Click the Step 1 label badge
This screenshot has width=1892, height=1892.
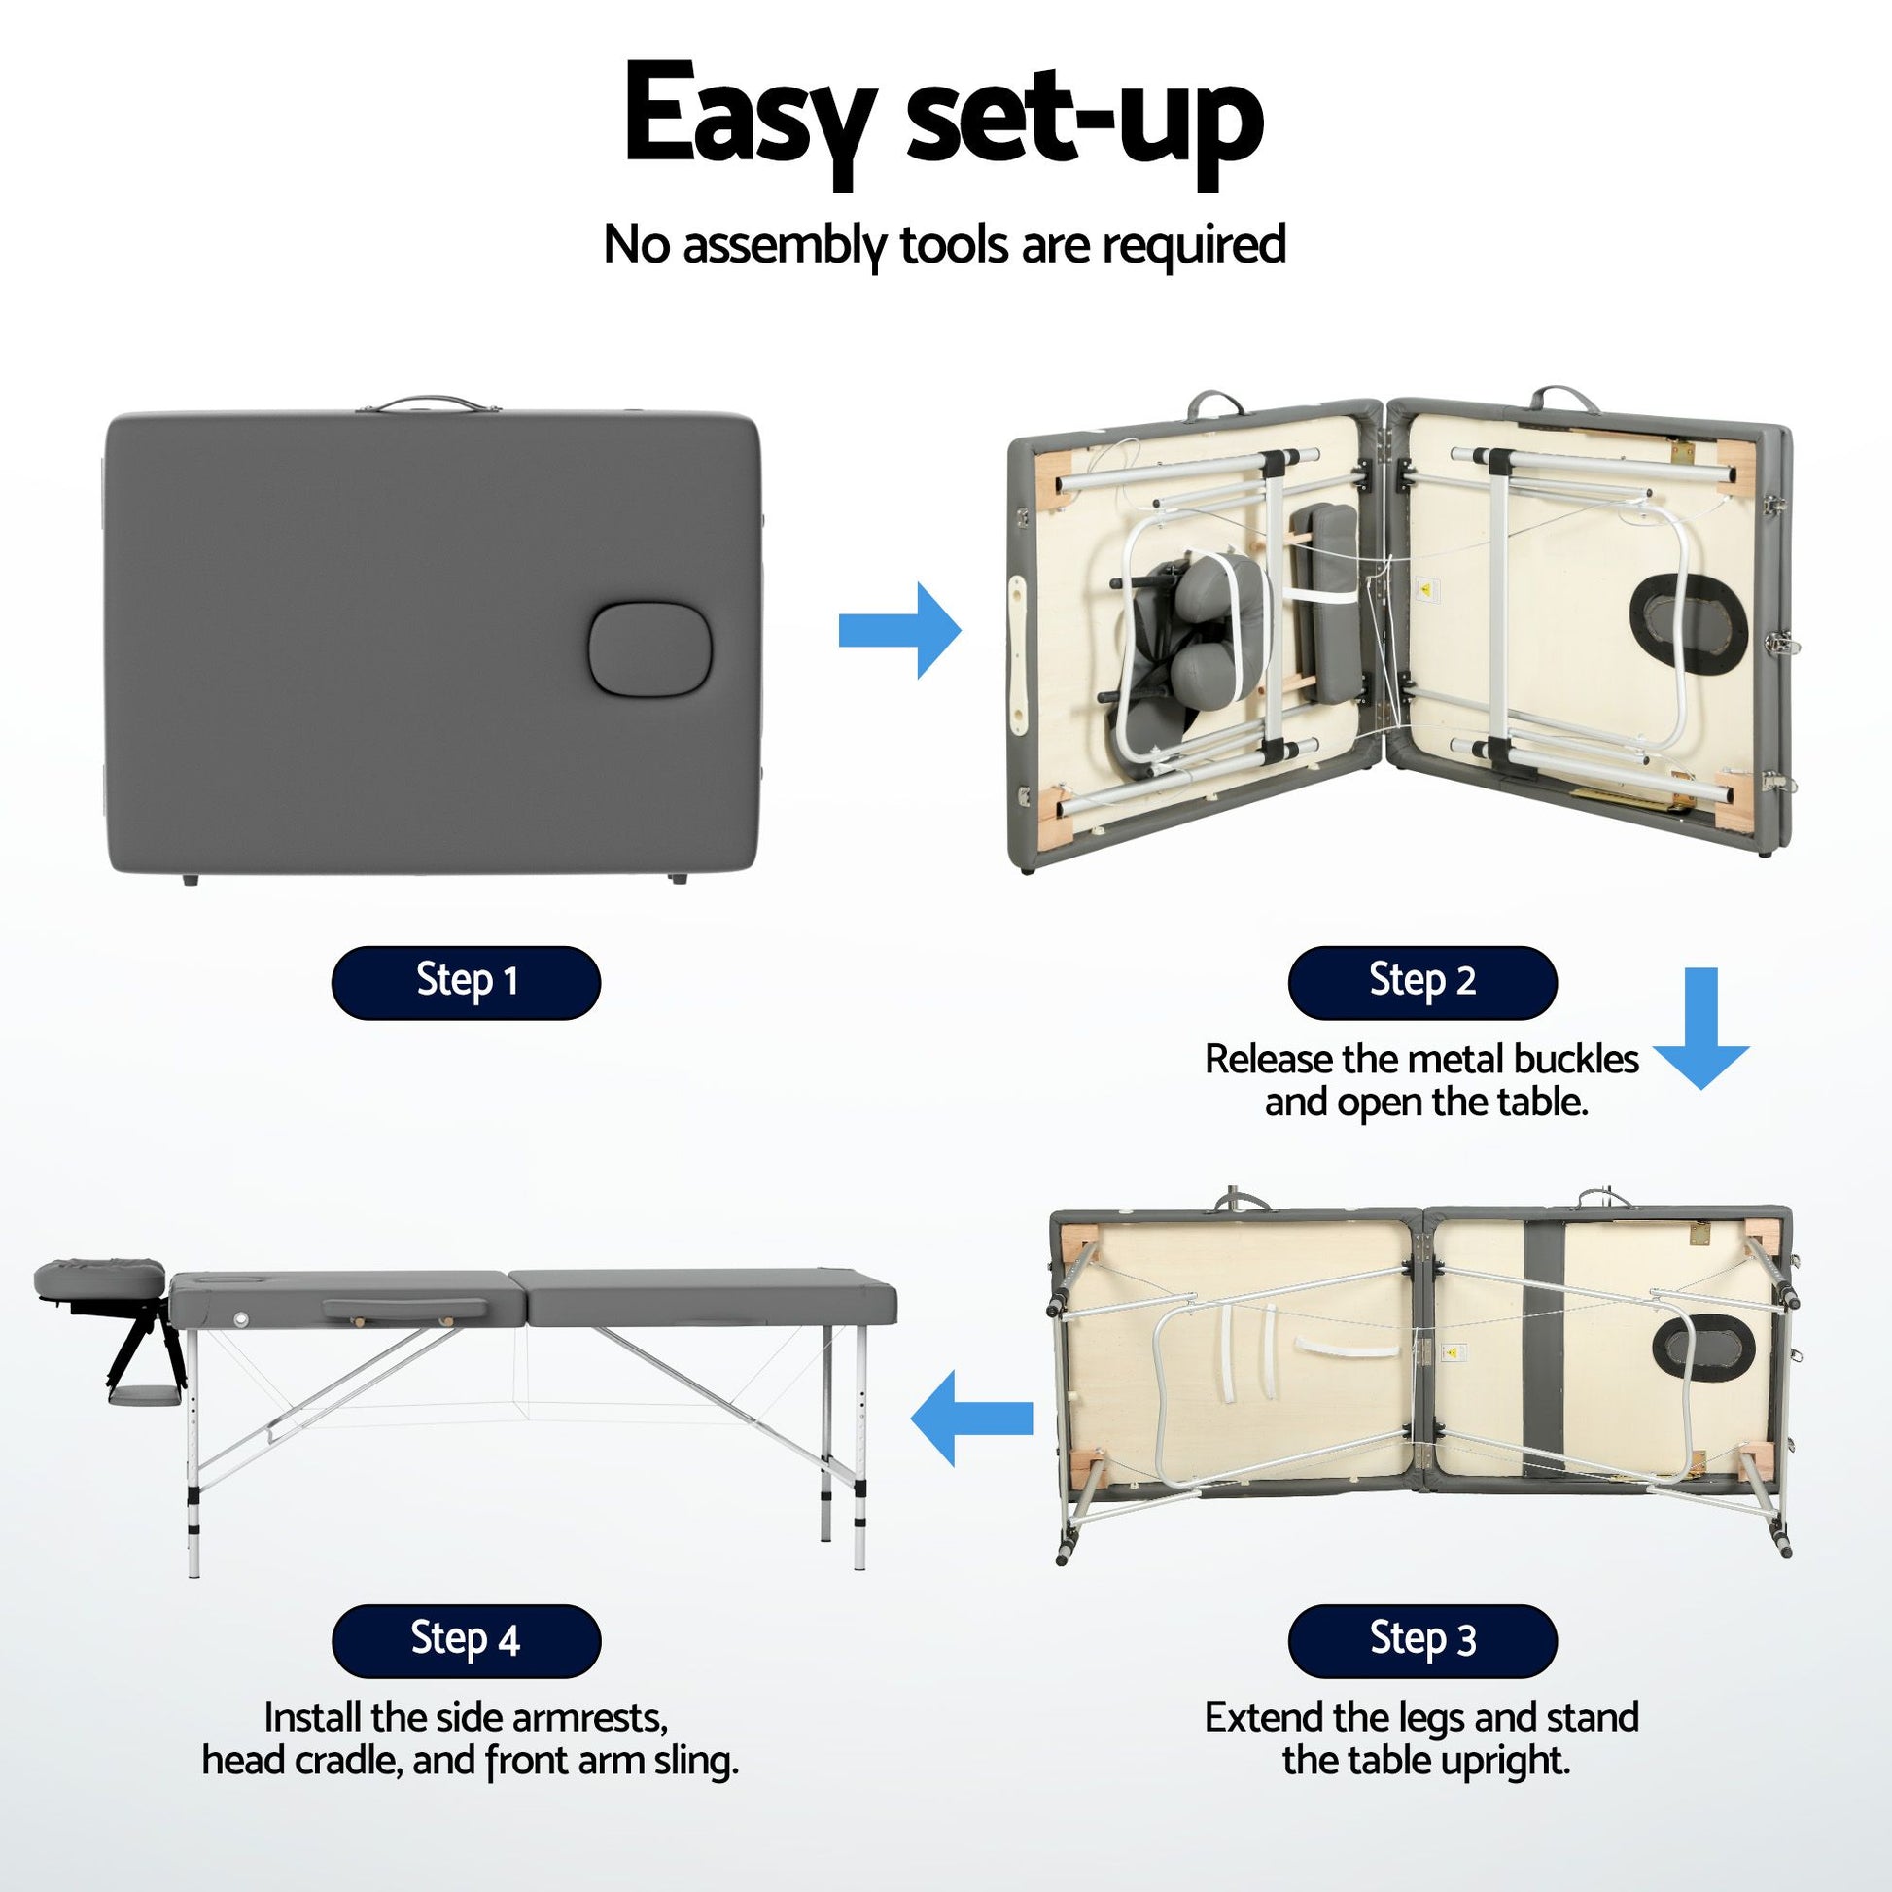465,982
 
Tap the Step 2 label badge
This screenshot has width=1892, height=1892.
1422,982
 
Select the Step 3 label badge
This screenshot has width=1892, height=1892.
1422,1641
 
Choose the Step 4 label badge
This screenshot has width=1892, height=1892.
465,1641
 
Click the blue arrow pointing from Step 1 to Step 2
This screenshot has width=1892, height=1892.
900,631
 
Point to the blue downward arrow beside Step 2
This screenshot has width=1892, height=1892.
1705,1029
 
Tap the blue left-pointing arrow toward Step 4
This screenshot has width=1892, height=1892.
971,1417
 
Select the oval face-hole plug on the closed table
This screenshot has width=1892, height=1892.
640,649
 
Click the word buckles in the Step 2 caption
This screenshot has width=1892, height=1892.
1576,1059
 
